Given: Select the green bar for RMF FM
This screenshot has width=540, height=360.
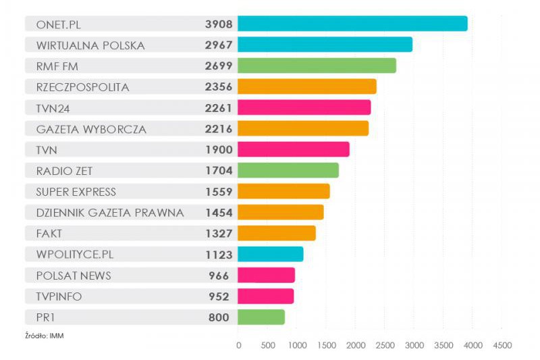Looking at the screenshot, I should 317,66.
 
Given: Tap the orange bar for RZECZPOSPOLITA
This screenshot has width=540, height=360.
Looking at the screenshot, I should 307,86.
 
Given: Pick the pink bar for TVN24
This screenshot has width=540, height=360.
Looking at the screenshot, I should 304,107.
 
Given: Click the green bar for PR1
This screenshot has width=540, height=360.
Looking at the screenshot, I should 261,317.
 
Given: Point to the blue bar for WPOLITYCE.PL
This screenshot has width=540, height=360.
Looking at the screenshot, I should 271,254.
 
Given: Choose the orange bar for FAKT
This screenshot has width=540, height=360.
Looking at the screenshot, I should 277,233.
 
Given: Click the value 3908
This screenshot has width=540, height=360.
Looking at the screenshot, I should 219,24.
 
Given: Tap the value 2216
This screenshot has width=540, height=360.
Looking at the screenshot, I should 219,129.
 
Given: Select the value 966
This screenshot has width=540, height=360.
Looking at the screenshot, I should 219,276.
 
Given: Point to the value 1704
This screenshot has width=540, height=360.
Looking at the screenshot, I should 219,171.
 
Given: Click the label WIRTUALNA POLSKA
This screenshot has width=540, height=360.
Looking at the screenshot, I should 90,45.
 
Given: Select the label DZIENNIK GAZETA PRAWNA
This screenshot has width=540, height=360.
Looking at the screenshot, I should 110,213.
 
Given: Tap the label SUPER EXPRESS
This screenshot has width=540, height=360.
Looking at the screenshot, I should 76,192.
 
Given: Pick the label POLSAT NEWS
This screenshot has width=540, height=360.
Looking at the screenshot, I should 74,276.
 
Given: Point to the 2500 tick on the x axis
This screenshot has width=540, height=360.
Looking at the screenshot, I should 385,345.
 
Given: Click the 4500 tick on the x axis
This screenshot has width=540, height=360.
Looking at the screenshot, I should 502,345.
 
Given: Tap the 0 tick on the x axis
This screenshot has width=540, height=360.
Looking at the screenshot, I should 238,345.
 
